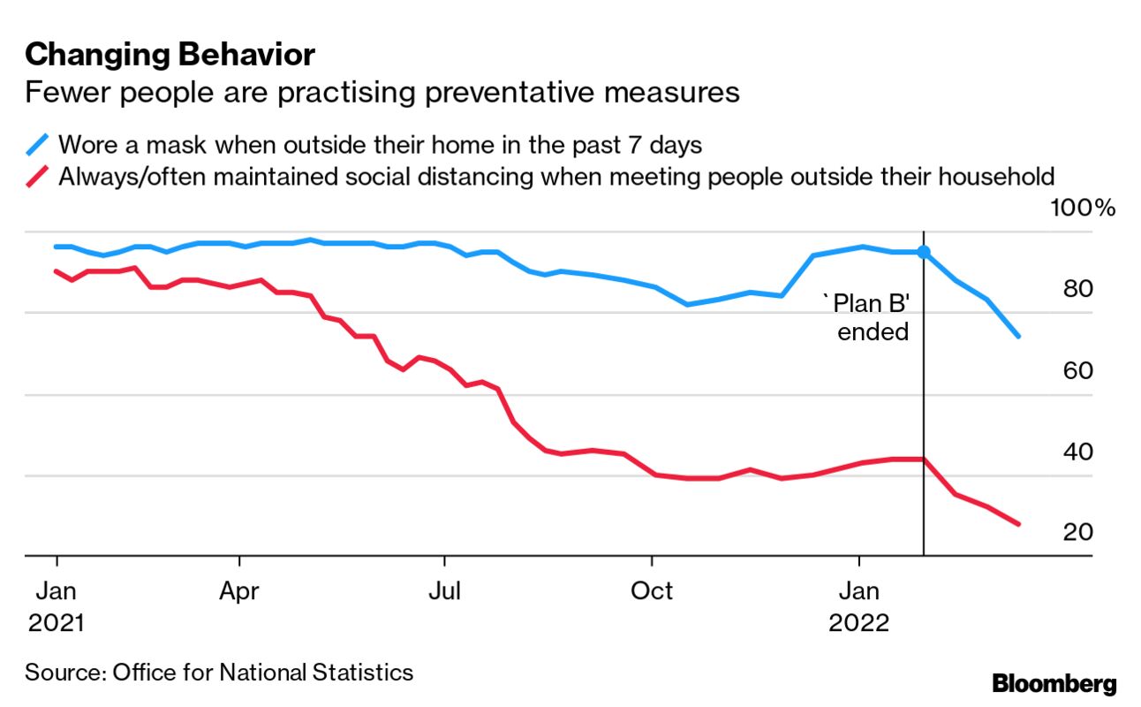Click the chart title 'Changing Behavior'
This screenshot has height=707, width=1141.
pos(170,55)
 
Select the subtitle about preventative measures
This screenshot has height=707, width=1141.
pos(382,92)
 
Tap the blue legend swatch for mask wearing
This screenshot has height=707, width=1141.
pos(40,144)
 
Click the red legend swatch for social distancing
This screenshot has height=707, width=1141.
pos(40,177)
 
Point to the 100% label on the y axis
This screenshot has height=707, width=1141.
pos(1082,209)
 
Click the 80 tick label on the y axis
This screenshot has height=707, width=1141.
pos(1080,290)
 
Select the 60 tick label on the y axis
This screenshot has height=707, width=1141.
pos(1080,371)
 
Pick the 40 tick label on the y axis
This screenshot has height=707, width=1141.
pos(1080,452)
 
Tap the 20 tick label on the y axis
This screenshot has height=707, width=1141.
pos(1080,533)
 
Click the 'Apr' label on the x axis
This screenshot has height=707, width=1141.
pos(239,589)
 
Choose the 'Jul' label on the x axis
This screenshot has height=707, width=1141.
pos(444,589)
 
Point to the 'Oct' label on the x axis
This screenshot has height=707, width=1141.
pos(651,589)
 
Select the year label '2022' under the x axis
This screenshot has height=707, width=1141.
pos(858,622)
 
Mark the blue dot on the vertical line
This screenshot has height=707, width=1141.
pos(924,252)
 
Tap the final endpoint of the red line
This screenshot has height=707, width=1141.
pos(1018,524)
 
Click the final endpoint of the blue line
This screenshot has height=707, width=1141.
pos(1018,336)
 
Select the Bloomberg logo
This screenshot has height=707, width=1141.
pos(1054,683)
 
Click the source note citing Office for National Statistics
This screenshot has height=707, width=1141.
pos(219,673)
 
